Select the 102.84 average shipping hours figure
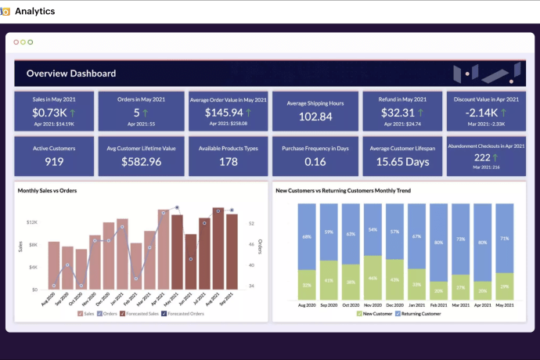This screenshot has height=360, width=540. click(315, 117)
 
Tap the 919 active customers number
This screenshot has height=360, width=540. click(54, 162)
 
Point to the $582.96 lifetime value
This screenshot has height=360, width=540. click(142, 162)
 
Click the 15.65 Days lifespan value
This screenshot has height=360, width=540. click(402, 162)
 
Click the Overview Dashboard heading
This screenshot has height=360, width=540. click(71, 74)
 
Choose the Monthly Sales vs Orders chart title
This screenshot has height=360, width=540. click(48, 190)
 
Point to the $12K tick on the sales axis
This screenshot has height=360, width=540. click(31, 222)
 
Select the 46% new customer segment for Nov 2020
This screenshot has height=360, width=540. click(373, 278)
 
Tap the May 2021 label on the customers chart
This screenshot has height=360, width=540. click(505, 304)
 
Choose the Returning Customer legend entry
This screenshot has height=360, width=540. click(420, 314)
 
